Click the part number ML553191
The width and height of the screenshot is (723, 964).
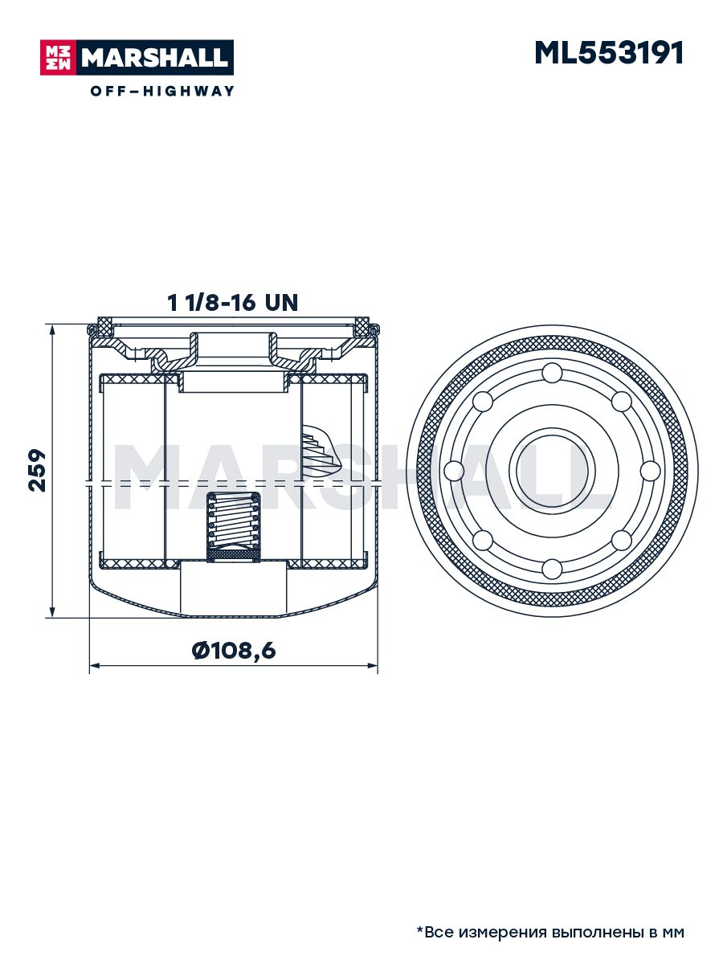608,53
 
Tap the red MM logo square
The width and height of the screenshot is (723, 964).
59,58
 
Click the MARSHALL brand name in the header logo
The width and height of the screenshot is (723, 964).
155,58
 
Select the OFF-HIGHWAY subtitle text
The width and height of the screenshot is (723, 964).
162,91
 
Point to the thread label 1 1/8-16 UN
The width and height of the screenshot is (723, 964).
233,303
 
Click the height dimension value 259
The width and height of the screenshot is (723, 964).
37,471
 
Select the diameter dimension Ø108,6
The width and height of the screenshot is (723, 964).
234,650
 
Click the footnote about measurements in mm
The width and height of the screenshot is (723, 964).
550,929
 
